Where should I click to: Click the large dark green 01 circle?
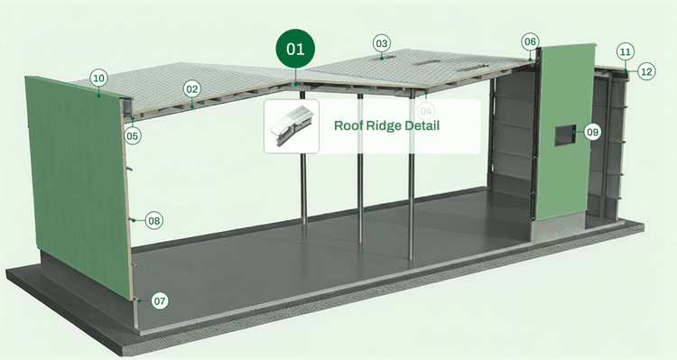coord(296,51)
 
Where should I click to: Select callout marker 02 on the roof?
coord(191,89)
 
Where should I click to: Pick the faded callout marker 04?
coord(427,110)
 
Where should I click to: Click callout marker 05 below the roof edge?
coord(133,136)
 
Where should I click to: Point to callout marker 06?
coord(530,42)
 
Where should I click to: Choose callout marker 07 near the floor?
coord(160,300)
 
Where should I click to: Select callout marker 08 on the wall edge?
coord(153,220)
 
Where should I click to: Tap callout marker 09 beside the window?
coord(592,132)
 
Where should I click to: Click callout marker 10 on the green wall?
coord(99,78)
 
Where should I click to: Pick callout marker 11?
coord(626,51)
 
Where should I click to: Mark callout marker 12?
coord(646,70)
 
